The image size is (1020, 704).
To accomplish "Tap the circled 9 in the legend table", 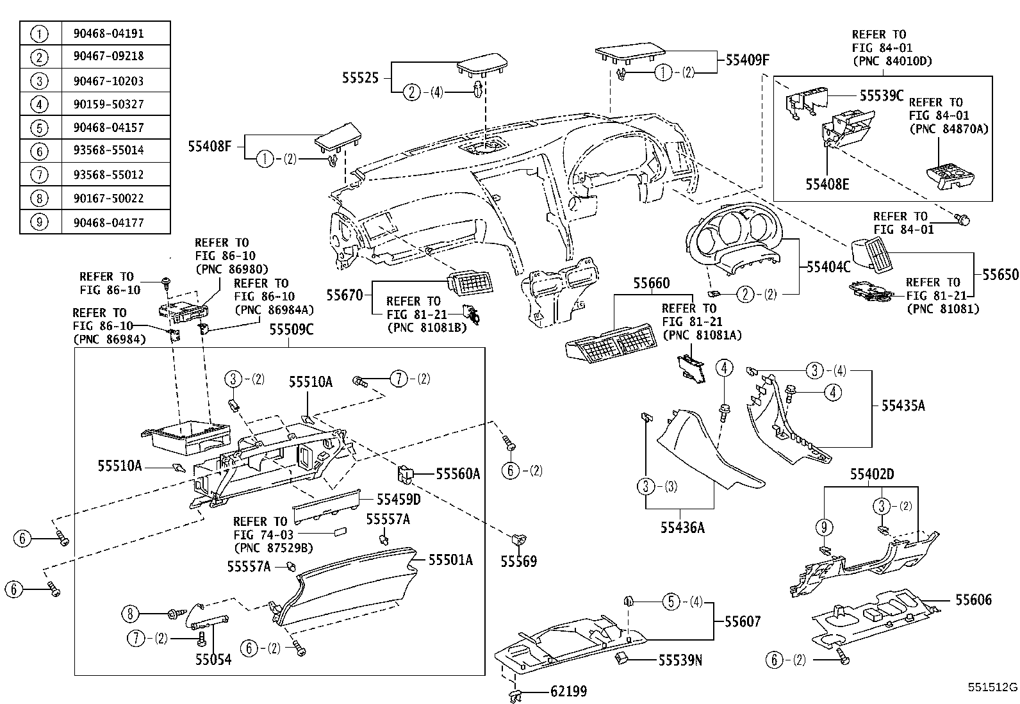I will point(40,222).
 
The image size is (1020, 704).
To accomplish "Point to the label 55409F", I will point(747,60).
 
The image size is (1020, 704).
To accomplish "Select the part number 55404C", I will point(828,266).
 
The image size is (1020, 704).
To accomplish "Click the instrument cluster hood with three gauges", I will point(737,243).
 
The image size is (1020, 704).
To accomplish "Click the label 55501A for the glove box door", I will point(450,560).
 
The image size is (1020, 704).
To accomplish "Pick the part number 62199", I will point(568,691).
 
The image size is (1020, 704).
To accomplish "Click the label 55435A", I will point(903,405).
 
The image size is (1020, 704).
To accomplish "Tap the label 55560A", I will point(458,473).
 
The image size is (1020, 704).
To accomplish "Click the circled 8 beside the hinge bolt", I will point(130,614).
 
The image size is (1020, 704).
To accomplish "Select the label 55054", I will point(213,659).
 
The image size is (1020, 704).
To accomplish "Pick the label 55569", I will point(519,562).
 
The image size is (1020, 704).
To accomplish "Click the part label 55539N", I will point(680,660).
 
